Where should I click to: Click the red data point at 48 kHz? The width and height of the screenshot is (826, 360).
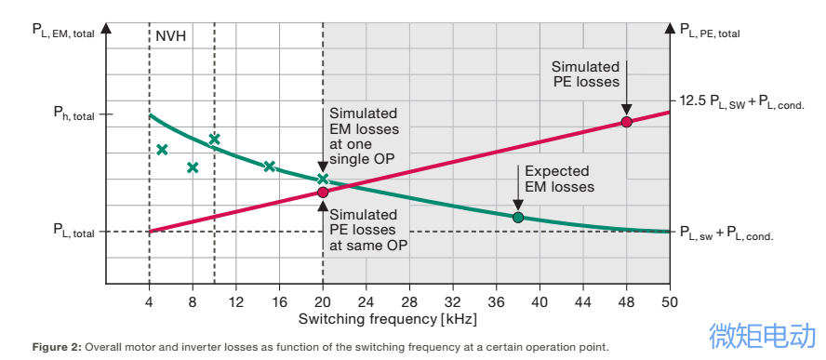(626, 122)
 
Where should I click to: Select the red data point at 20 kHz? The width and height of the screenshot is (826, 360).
(323, 192)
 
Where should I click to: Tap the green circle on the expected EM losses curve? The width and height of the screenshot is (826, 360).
(518, 218)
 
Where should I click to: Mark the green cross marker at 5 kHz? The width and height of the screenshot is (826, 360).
(162, 150)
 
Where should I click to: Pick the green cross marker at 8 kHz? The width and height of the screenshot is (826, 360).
(193, 167)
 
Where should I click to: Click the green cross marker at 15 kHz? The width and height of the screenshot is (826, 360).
(269, 167)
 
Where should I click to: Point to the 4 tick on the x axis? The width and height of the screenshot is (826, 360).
(149, 301)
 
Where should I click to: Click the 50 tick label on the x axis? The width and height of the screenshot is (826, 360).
(669, 301)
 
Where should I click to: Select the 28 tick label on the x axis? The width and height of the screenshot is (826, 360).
(409, 301)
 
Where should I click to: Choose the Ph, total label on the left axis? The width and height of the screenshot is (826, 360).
(73, 115)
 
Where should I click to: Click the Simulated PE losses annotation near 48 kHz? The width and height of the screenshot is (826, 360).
(585, 74)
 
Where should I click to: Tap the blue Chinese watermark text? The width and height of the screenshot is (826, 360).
(763, 336)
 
